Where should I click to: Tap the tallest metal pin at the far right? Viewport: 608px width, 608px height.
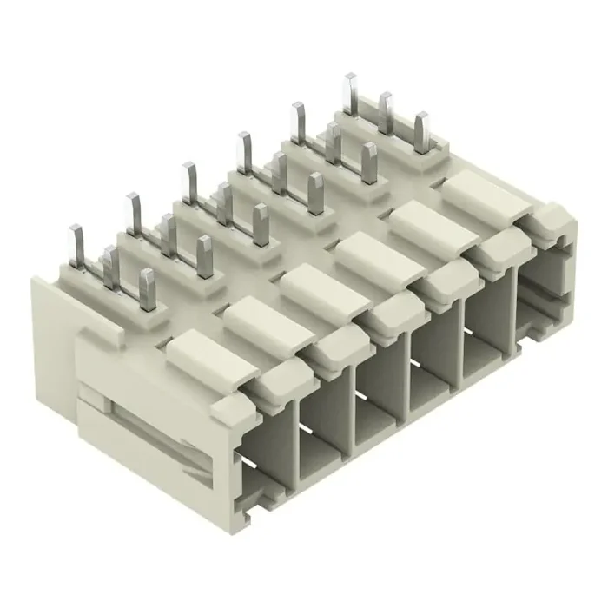[350, 93]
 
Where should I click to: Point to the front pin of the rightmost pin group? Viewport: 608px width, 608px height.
[422, 132]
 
